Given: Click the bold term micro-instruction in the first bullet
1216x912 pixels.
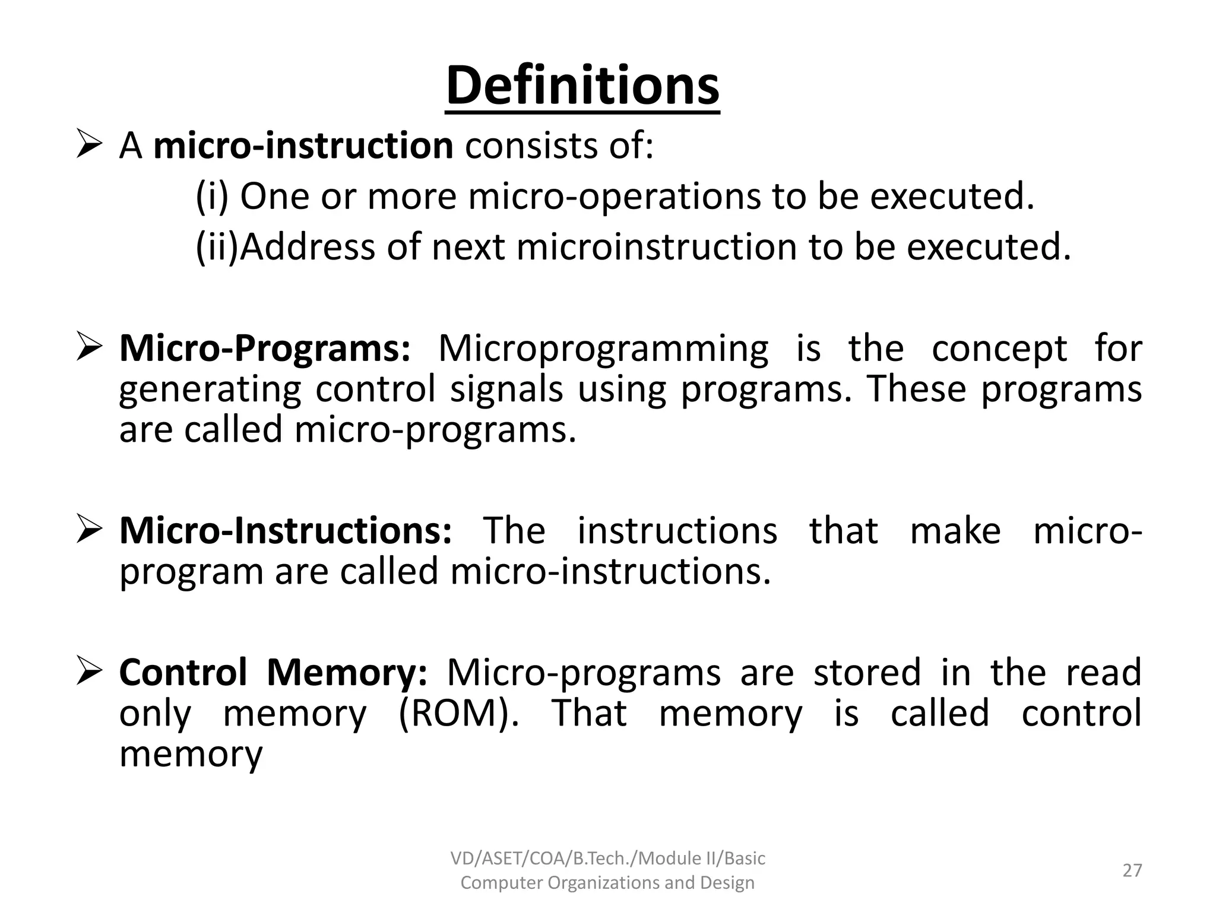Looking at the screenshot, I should [x=303, y=146].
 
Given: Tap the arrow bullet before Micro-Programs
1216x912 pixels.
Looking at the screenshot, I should [x=90, y=349].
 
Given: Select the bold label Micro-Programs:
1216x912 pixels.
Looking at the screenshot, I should [x=265, y=349].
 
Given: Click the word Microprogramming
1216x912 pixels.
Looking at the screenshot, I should [x=603, y=349].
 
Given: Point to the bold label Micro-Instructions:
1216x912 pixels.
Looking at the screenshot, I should [x=286, y=531].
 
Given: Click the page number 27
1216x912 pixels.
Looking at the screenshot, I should [x=1132, y=870].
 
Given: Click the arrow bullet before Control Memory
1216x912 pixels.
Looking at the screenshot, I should [x=90, y=672].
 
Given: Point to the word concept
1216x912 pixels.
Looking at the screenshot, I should [x=999, y=349].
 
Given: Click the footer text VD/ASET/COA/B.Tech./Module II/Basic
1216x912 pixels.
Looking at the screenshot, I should [x=607, y=859].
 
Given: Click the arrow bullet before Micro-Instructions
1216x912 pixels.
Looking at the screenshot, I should [x=90, y=530].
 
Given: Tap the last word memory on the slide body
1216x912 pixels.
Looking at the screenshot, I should [x=191, y=755].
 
